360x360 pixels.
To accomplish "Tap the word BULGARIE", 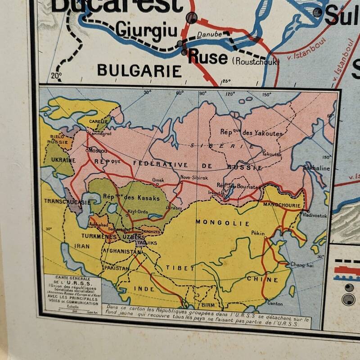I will tap(139, 71).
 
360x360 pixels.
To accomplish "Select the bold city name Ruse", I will tap(208, 58).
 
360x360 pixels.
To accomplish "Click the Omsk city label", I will tap(158, 180).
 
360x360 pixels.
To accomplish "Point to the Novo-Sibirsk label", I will tap(194, 178).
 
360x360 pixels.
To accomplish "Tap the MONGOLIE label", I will tap(216, 222).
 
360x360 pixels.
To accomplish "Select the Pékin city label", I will tap(258, 233).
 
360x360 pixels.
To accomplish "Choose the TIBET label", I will tap(180, 268).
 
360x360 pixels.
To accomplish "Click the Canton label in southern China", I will tap(275, 303).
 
